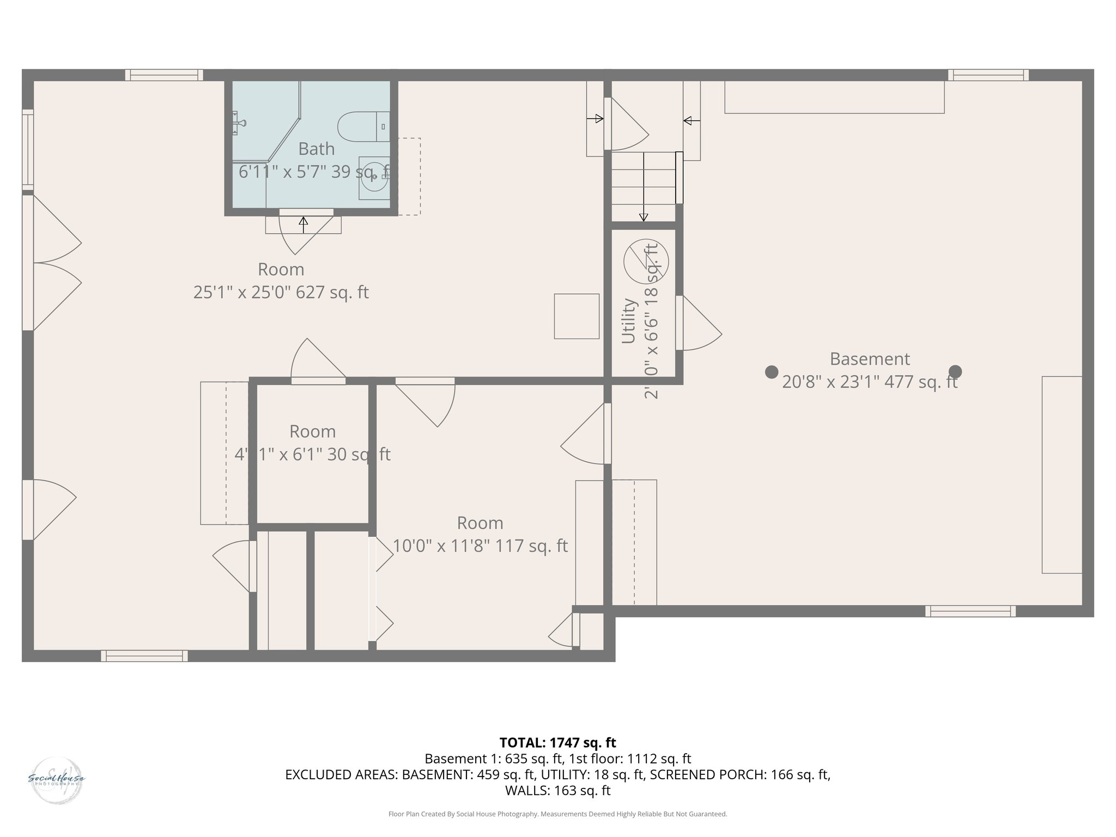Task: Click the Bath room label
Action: click(x=316, y=149)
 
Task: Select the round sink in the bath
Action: click(x=374, y=178)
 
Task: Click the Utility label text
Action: click(x=629, y=321)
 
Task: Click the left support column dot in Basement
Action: click(x=771, y=372)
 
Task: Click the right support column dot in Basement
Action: click(x=955, y=372)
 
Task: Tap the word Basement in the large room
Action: click(x=869, y=359)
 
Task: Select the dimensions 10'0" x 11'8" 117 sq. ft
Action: click(x=480, y=546)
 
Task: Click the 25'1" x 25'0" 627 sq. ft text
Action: click(x=281, y=293)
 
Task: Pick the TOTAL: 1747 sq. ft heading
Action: click(x=557, y=742)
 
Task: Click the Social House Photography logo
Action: click(x=56, y=778)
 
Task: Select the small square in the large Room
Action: click(x=577, y=316)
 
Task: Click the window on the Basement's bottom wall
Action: click(x=970, y=611)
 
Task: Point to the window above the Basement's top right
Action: click(x=988, y=75)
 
